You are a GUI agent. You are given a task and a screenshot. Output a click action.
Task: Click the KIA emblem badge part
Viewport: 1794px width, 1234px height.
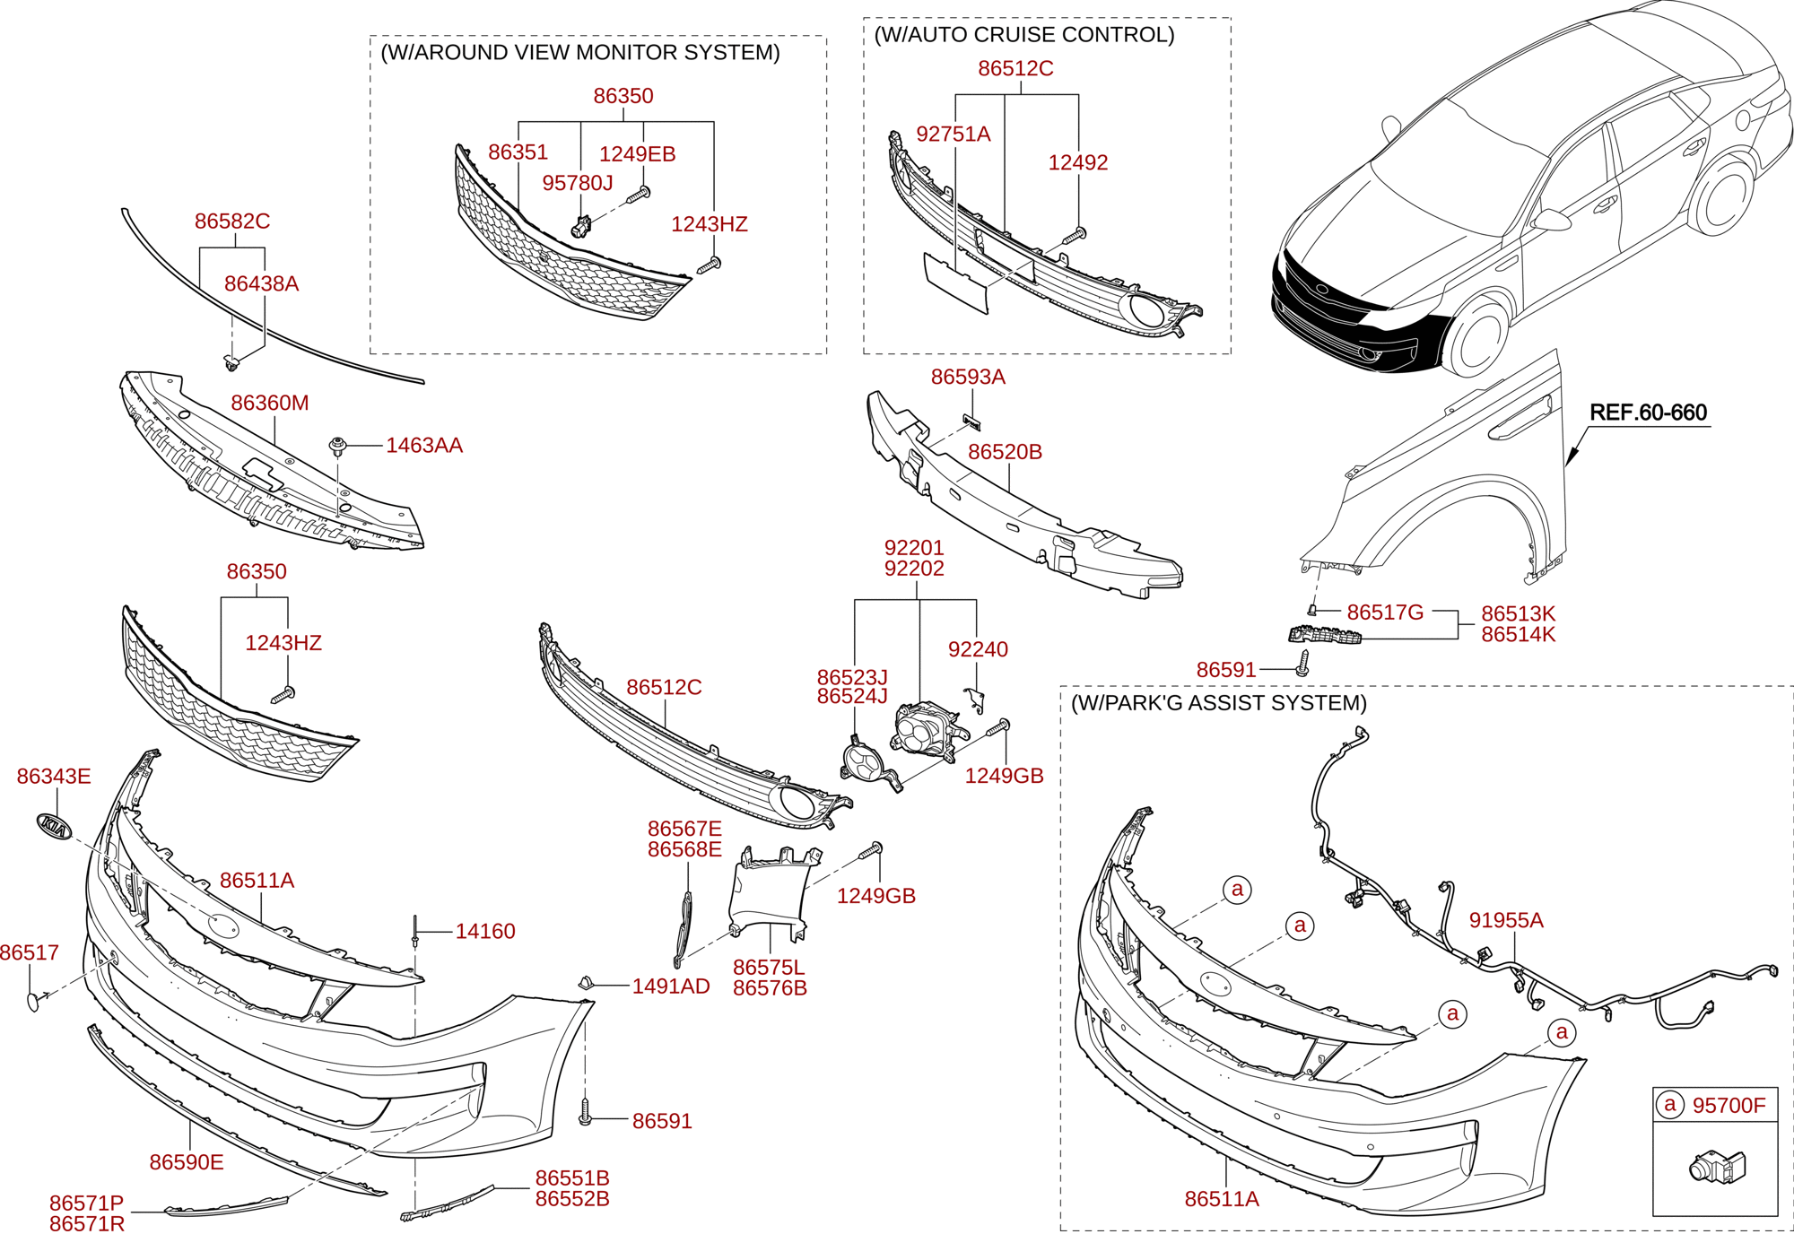point(54,827)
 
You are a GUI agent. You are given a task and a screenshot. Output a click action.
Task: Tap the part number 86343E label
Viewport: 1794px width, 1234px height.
point(54,777)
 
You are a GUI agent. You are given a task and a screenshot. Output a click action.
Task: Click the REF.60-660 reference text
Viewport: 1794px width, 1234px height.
point(1648,413)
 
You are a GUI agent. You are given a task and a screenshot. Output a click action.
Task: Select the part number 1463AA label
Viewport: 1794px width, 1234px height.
point(423,446)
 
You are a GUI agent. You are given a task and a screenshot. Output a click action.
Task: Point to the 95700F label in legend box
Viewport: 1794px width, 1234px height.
point(1728,1106)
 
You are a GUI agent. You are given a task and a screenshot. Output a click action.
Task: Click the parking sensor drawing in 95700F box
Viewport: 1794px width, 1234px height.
point(1715,1166)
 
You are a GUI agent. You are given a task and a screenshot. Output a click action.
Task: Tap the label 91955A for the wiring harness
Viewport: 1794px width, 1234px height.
point(1506,920)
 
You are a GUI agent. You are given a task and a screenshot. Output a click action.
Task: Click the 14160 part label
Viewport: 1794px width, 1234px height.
point(484,932)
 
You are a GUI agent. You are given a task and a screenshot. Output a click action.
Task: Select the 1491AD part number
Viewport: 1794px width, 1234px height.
point(670,986)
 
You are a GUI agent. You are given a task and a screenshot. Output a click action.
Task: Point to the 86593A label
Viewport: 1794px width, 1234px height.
point(968,378)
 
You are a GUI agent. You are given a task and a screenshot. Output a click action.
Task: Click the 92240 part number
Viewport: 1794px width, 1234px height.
point(978,649)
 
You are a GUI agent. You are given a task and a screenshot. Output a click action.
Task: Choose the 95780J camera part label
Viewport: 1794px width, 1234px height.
point(577,183)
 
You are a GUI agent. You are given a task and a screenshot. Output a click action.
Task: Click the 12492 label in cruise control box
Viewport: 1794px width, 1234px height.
point(1078,163)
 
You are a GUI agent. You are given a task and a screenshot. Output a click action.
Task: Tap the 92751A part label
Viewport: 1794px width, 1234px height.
point(953,135)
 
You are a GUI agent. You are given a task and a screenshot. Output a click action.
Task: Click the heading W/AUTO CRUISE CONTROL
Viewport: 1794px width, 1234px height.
point(1024,35)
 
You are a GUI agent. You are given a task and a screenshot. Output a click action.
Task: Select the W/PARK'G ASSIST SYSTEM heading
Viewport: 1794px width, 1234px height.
point(1219,703)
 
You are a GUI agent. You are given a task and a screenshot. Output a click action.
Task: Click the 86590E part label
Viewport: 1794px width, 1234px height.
point(187,1162)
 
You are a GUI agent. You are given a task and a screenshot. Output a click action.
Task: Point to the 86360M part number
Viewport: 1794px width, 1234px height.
point(269,404)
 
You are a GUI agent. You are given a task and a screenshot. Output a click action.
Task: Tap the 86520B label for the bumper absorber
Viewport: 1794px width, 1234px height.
point(1005,452)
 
